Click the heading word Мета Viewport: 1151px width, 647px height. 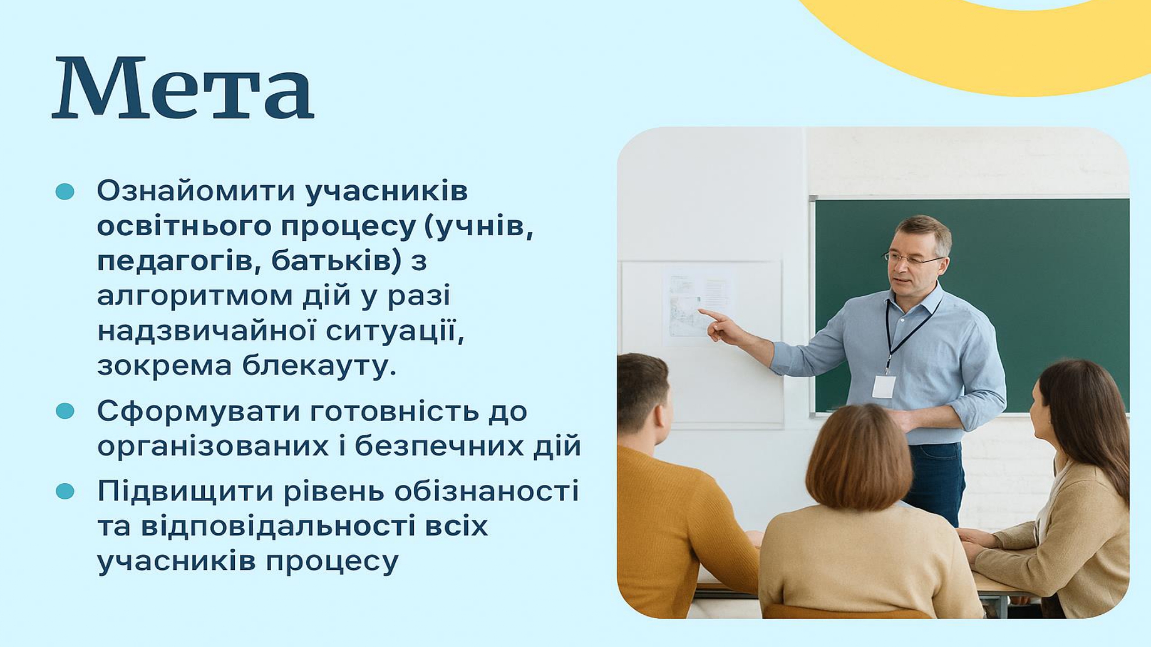pos(183,88)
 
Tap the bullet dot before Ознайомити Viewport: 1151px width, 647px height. pos(65,192)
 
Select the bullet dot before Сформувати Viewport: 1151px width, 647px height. pos(65,411)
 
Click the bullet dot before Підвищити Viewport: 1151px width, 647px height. pos(65,491)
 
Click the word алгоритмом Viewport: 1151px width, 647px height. pos(195,296)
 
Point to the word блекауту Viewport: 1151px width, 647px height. pos(319,365)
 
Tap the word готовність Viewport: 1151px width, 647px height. pos(394,411)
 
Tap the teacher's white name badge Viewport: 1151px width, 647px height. pos(883,387)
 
